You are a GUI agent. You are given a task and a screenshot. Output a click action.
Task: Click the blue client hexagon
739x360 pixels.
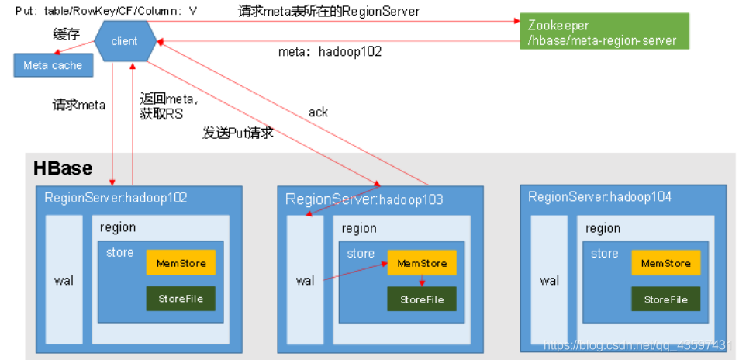coord(124,40)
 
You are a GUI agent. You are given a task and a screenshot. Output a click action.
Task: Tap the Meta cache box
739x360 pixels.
coord(52,65)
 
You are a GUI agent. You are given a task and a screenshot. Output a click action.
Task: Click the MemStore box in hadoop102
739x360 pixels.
coord(181,263)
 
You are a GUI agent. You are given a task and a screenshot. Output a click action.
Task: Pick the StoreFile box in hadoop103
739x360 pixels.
coord(422,299)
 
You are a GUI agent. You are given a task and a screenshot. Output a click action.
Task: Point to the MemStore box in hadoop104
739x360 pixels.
coord(665,263)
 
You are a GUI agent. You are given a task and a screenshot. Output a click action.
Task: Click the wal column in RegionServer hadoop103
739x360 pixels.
coord(305,280)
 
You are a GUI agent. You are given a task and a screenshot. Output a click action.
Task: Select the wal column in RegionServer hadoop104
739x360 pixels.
coord(549,280)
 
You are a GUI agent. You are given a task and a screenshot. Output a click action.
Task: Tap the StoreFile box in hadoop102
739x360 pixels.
coord(181,299)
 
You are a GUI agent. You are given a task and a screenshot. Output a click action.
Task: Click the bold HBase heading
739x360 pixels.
coord(62,168)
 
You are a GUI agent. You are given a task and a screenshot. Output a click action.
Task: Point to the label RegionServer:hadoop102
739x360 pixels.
coord(116,198)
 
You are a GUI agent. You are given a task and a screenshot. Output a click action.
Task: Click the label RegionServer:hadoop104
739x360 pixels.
coord(599,197)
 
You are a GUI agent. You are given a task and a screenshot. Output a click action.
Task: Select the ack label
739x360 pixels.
coord(318,112)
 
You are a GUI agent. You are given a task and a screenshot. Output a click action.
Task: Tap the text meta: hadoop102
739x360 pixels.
coord(330,52)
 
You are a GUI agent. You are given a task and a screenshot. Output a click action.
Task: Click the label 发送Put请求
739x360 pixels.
coord(237,133)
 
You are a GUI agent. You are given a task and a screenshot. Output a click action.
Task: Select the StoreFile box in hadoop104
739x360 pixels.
coord(665,299)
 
